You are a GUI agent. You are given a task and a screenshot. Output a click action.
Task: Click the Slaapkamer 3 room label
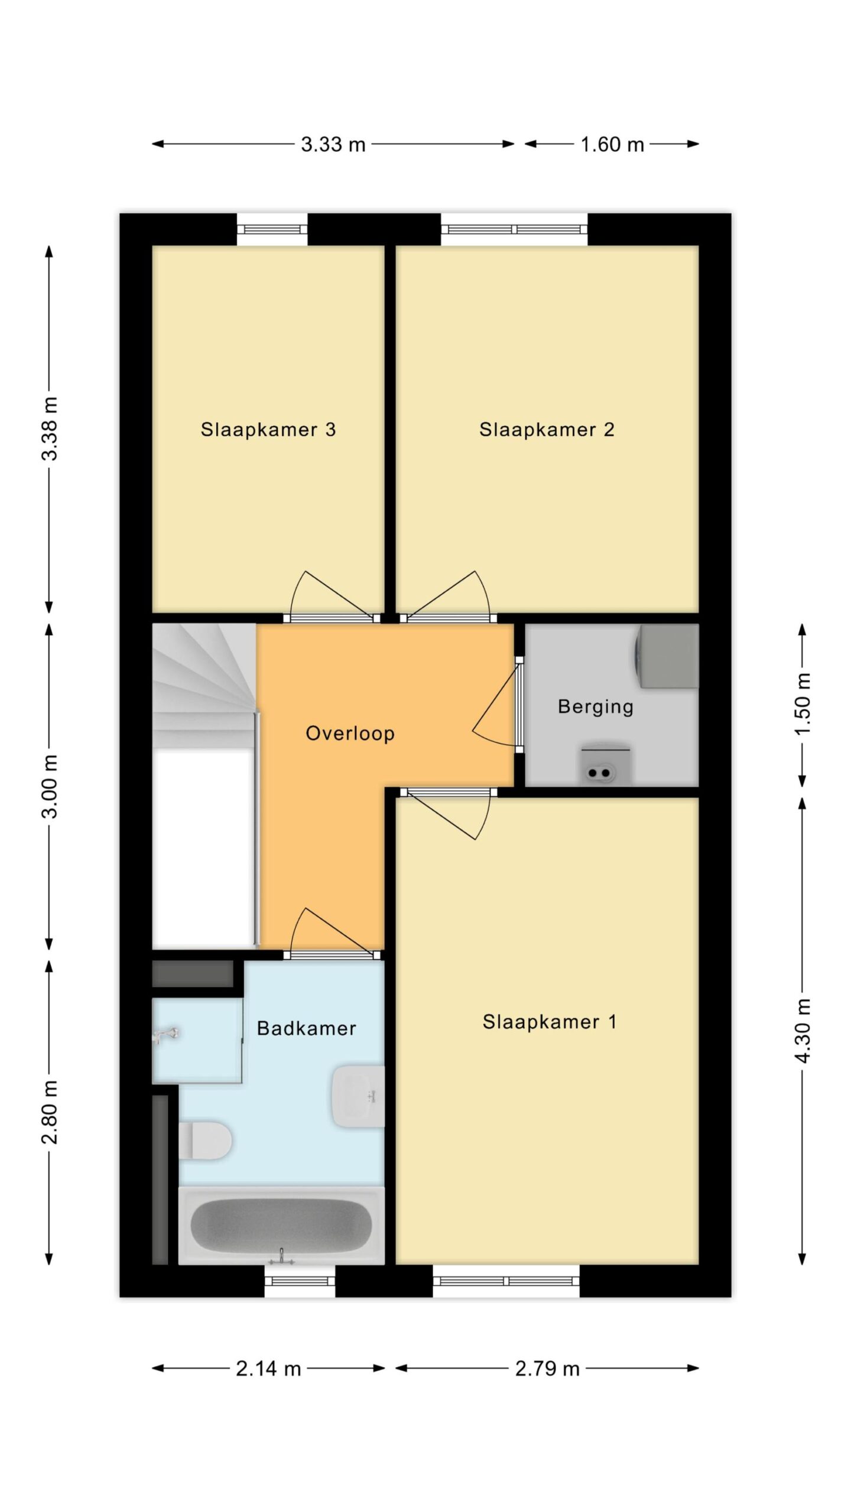(x=268, y=429)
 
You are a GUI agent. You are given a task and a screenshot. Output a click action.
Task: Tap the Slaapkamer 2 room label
(x=547, y=429)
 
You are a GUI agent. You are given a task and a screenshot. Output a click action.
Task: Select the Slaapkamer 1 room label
(x=550, y=1022)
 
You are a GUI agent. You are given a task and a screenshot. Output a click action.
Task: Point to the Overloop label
(x=350, y=733)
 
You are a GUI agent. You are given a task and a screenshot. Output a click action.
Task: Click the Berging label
(x=596, y=706)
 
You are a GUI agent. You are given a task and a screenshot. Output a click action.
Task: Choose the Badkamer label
(x=307, y=1028)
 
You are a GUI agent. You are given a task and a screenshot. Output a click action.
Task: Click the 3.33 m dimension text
(x=333, y=144)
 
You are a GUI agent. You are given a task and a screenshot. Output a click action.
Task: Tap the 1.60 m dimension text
(x=612, y=144)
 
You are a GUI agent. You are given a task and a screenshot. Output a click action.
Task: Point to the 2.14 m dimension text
(x=268, y=1368)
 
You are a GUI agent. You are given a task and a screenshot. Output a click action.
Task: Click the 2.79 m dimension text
(x=547, y=1368)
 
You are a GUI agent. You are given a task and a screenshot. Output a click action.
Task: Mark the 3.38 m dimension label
(x=50, y=428)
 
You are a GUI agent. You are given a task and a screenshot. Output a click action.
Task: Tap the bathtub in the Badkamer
(x=281, y=1226)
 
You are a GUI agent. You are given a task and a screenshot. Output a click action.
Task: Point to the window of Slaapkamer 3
(x=272, y=229)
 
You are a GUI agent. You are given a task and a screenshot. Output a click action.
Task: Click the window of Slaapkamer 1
(x=506, y=1281)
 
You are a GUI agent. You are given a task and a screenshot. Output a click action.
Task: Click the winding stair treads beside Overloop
(x=204, y=685)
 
